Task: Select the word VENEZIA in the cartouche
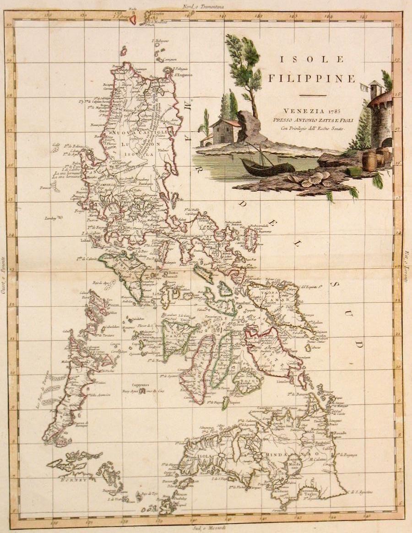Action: (x=302, y=111)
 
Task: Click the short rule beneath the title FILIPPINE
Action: (x=312, y=95)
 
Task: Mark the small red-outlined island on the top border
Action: (x=133, y=20)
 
